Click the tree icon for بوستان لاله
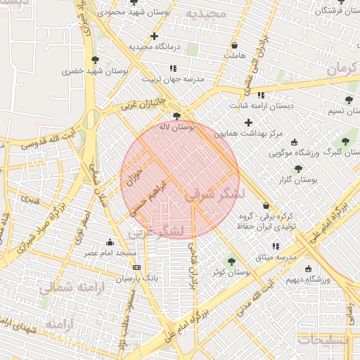pos(176,116)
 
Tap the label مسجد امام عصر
pos(111,252)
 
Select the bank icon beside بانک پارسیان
pos(136,268)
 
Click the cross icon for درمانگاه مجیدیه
pos(154,35)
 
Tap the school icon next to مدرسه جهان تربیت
pos(173,68)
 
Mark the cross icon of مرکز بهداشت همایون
pos(249,122)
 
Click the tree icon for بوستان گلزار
pos(298,169)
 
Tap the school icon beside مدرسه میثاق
pos(276,247)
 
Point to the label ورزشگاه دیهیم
pos(307,279)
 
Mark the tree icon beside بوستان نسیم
pos(349,101)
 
